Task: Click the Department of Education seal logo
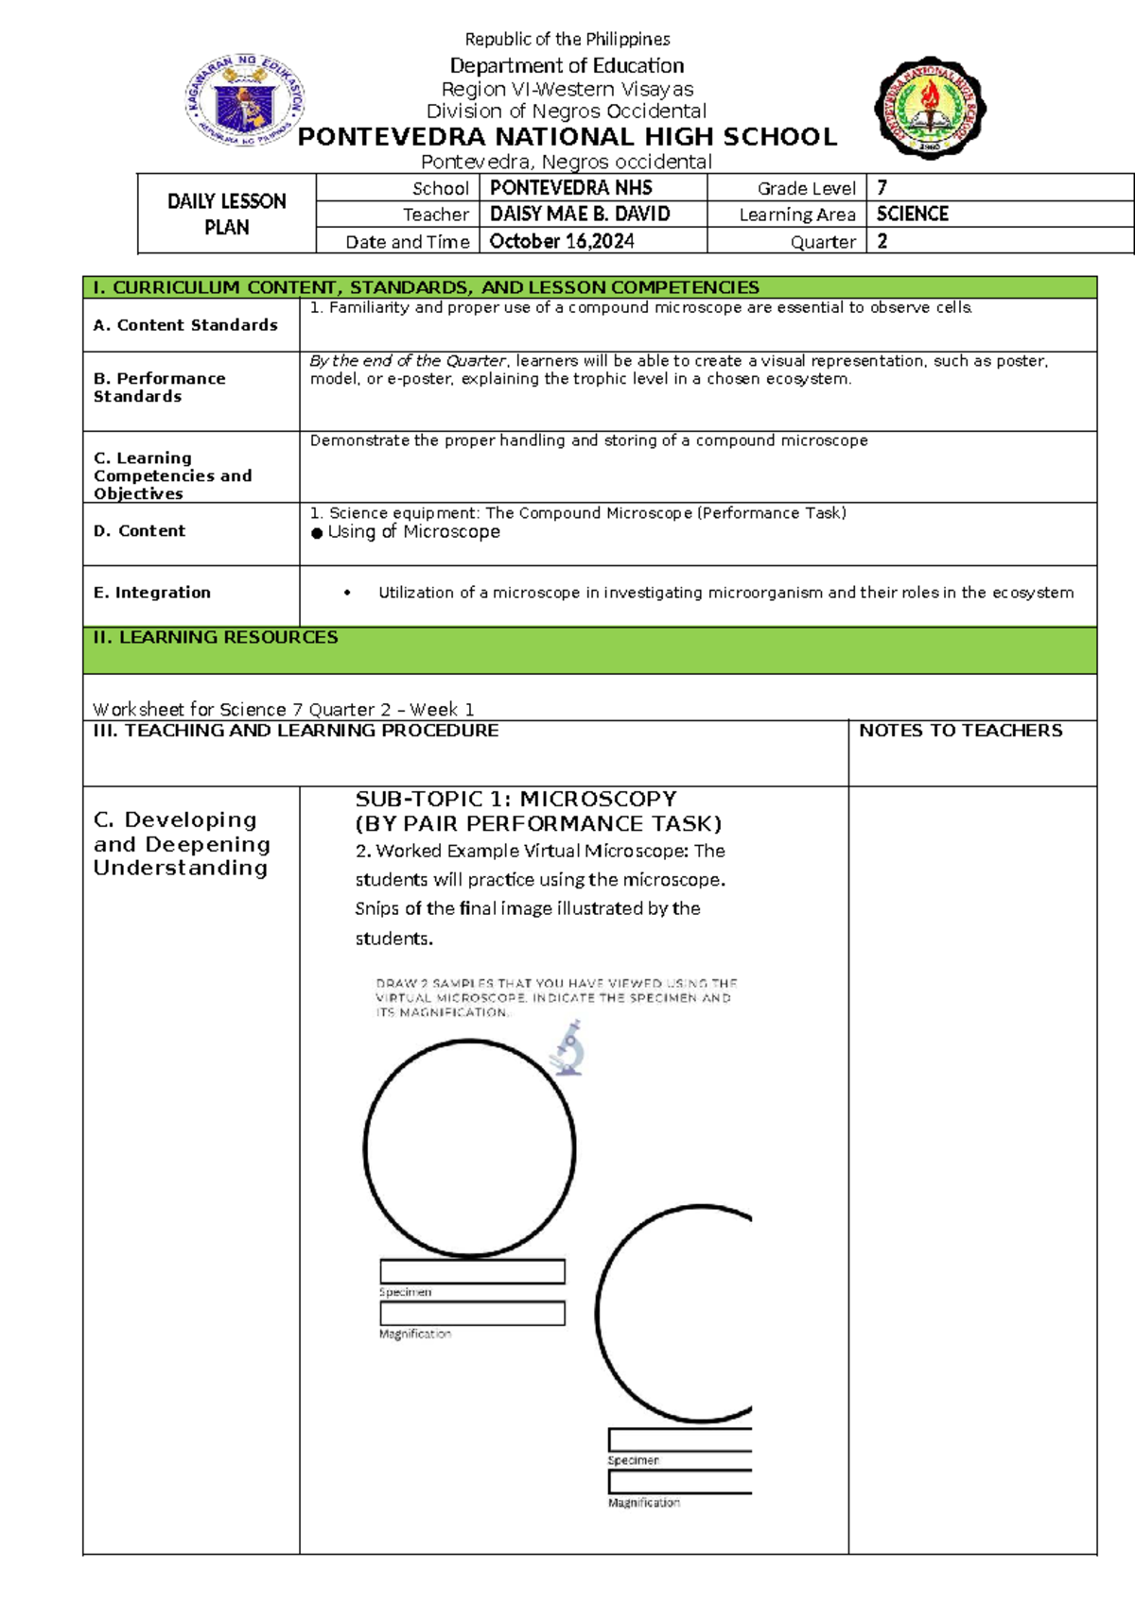pyautogui.click(x=245, y=101)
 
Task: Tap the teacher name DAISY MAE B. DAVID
pyautogui.click(x=580, y=215)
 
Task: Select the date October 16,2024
pyautogui.click(x=562, y=241)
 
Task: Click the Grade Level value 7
pyautogui.click(x=882, y=188)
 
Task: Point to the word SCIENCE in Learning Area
pyautogui.click(x=912, y=215)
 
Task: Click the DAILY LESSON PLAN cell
pyautogui.click(x=227, y=215)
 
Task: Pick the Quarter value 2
pyautogui.click(x=882, y=241)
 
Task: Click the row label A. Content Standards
pyautogui.click(x=185, y=325)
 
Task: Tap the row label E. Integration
pyautogui.click(x=152, y=593)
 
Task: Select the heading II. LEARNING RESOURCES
pyautogui.click(x=216, y=638)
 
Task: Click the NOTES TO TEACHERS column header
pyautogui.click(x=960, y=731)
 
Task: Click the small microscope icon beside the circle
pyautogui.click(x=568, y=1048)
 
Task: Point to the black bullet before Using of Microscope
pyautogui.click(x=317, y=533)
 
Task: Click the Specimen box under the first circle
pyautogui.click(x=472, y=1271)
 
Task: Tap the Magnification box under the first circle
pyautogui.click(x=472, y=1314)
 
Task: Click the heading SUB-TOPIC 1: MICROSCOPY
pyautogui.click(x=515, y=799)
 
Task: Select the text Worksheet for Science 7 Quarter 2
pyautogui.click(x=283, y=709)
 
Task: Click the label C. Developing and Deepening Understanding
pyautogui.click(x=182, y=844)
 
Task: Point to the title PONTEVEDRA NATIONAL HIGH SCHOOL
pyautogui.click(x=567, y=137)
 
